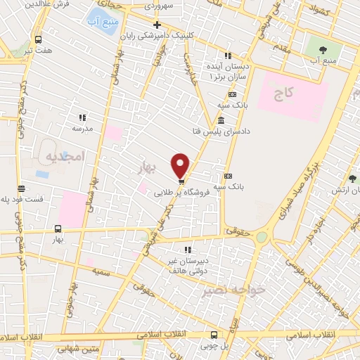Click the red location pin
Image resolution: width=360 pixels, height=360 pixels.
[181, 164]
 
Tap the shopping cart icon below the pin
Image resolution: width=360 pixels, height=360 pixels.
[181, 182]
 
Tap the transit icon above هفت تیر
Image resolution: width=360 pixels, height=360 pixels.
[37, 40]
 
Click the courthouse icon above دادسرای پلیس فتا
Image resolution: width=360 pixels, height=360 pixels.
[221, 120]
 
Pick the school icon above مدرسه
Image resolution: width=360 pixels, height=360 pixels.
[82, 117]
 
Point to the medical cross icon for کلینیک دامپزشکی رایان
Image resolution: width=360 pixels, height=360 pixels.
[157, 25]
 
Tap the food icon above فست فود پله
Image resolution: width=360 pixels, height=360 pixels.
[22, 188]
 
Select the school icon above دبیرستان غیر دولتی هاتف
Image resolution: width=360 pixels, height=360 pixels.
[187, 250]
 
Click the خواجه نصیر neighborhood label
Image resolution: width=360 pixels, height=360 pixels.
[232, 290]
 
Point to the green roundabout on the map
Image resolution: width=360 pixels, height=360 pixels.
[262, 238]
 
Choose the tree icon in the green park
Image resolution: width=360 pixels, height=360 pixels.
[323, 49]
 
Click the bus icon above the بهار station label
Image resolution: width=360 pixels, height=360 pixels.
[58, 229]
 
